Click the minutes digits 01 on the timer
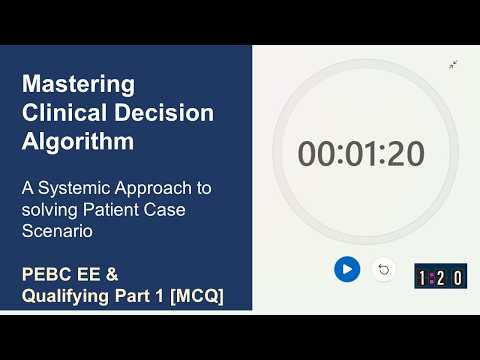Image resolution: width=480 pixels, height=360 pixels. pyautogui.click(x=361, y=154)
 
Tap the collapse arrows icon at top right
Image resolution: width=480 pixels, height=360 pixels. pyautogui.click(x=453, y=65)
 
